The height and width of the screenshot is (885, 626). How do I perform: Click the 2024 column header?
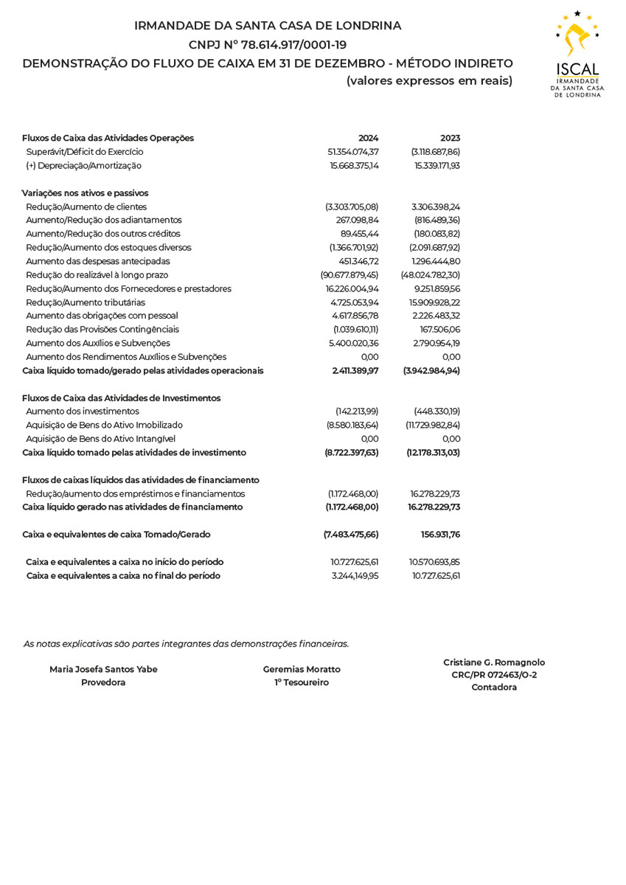368,138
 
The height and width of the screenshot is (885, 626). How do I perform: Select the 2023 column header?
450,138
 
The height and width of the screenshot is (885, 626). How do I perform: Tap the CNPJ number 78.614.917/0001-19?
293,45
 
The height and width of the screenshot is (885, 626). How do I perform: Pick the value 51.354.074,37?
353,152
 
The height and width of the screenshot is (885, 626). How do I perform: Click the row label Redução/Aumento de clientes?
86,206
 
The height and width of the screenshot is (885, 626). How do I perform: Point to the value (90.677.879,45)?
349,275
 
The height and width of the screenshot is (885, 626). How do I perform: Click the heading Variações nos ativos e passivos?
86,193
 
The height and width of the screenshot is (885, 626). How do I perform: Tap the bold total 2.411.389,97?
355,371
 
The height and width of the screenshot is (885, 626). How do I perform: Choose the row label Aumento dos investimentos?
83,412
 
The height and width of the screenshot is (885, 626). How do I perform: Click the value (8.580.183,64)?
352,426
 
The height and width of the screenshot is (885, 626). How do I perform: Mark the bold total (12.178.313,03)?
433,453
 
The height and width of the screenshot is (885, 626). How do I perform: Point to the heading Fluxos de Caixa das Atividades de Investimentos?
122,398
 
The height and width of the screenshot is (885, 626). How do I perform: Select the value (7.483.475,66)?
351,535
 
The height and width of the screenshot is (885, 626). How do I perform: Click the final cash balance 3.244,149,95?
355,576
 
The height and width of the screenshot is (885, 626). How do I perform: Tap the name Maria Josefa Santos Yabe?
103,670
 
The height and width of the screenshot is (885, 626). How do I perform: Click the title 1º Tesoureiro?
302,683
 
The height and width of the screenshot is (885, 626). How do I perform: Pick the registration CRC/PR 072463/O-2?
494,675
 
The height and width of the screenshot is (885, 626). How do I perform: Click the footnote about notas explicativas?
186,644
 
